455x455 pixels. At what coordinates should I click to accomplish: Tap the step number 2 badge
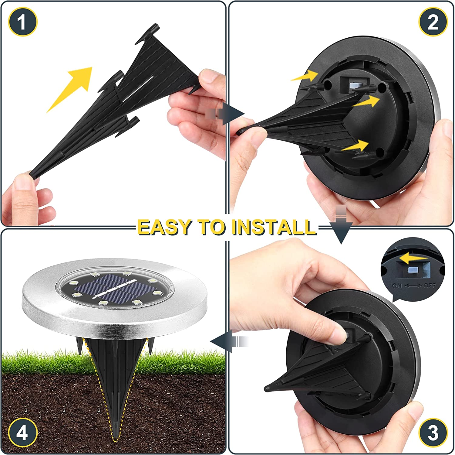click(433, 22)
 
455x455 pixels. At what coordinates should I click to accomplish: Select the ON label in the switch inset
click(397, 286)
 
